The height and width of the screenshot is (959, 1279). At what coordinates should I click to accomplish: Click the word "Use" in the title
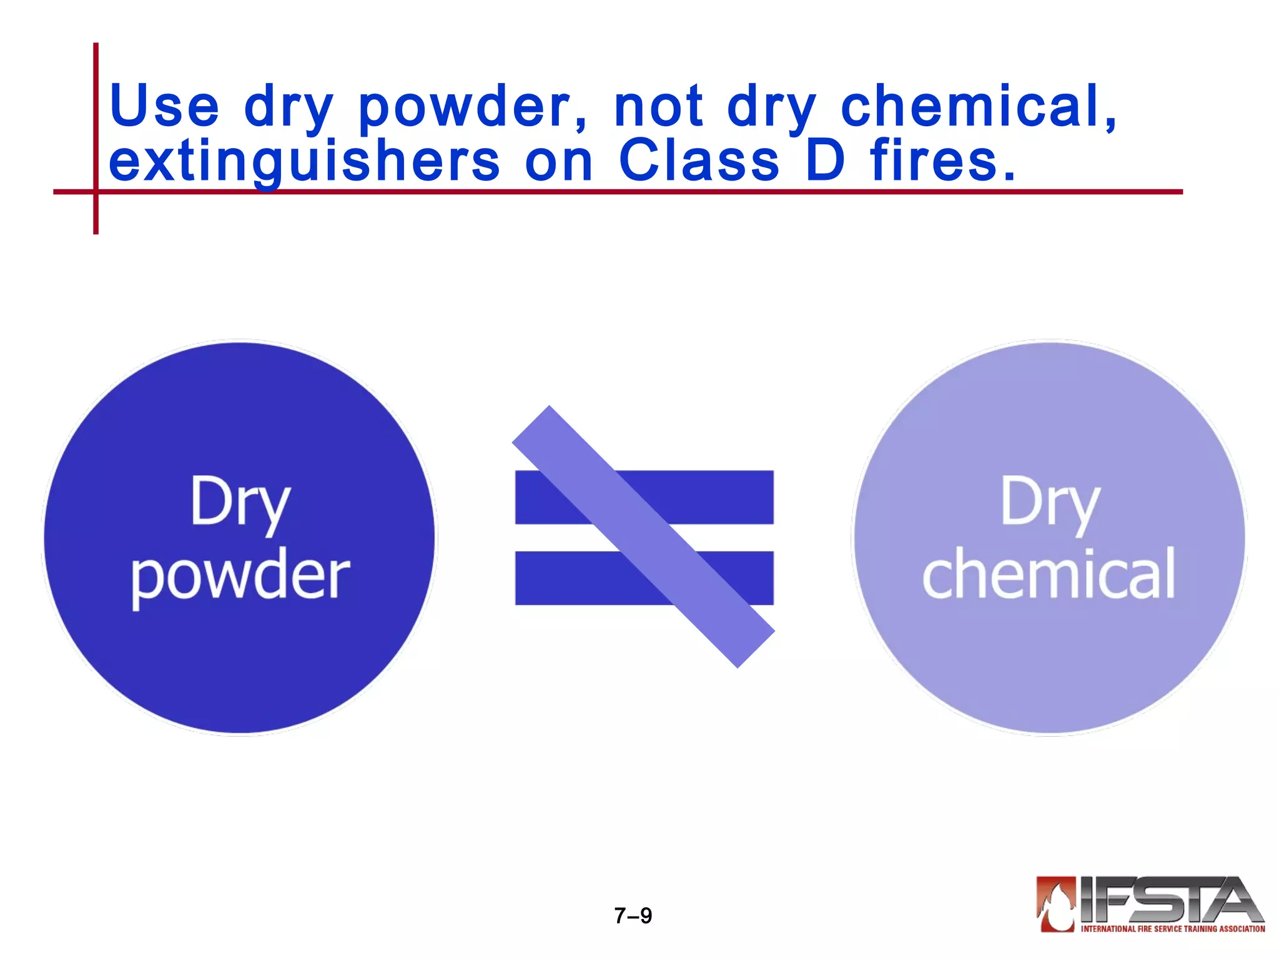(x=164, y=106)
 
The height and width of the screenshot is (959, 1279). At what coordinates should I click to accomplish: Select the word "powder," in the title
(x=473, y=107)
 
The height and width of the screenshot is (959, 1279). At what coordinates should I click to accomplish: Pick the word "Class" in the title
(x=699, y=160)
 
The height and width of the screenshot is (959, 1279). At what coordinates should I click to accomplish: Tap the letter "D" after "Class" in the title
(x=825, y=160)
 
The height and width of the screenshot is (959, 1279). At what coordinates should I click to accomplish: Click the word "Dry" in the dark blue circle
(x=240, y=503)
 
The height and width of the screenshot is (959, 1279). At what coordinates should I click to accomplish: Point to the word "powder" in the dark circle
(x=240, y=574)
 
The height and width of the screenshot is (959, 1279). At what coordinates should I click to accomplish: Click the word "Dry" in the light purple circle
(x=1050, y=503)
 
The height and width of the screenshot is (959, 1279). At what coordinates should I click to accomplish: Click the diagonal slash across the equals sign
(x=643, y=537)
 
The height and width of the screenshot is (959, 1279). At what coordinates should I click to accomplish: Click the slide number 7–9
(x=633, y=915)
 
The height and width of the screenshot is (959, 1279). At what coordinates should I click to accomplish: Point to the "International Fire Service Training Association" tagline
(x=1173, y=928)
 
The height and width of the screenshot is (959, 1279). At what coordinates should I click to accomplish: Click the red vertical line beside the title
(x=96, y=125)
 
